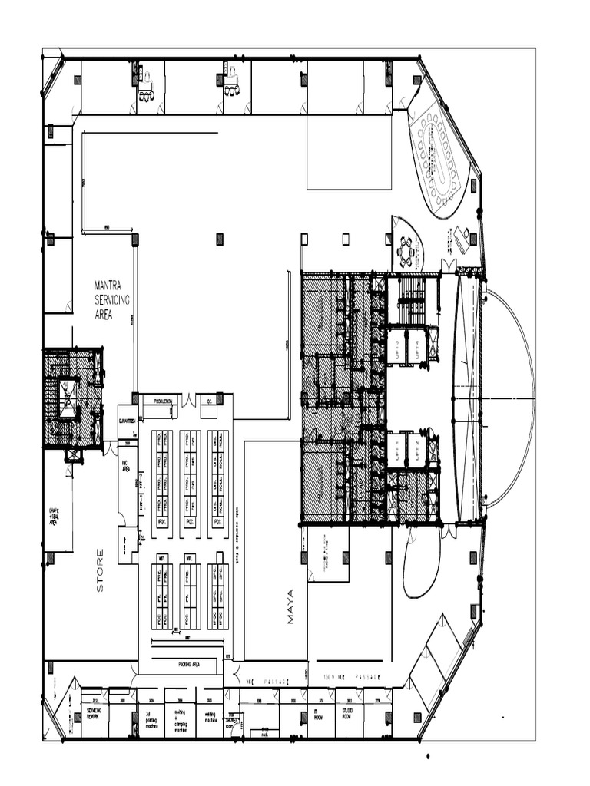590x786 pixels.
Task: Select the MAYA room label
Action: click(x=290, y=606)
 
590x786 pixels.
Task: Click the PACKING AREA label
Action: click(x=189, y=664)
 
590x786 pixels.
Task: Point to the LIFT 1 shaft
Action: click(x=399, y=450)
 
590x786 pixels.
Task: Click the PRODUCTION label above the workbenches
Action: click(x=163, y=401)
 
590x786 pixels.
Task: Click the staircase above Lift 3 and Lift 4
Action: click(x=412, y=300)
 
